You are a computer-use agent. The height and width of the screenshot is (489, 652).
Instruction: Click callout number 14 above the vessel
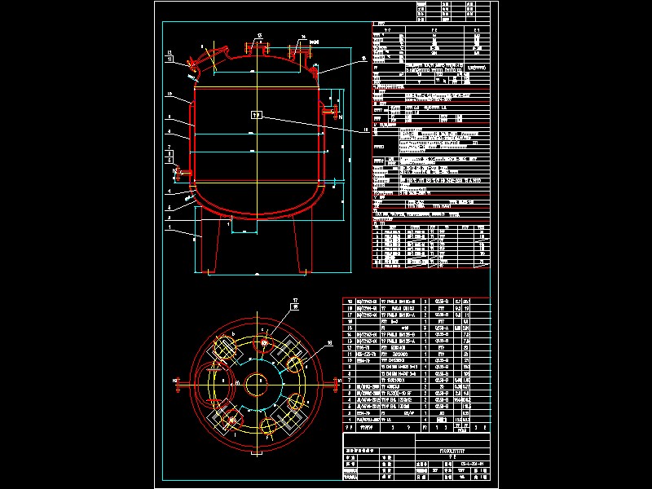click(x=302, y=37)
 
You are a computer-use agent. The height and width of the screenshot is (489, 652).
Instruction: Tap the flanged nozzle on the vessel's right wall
click(x=329, y=110)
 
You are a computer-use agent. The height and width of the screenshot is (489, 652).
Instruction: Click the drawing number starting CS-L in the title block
click(x=473, y=464)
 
